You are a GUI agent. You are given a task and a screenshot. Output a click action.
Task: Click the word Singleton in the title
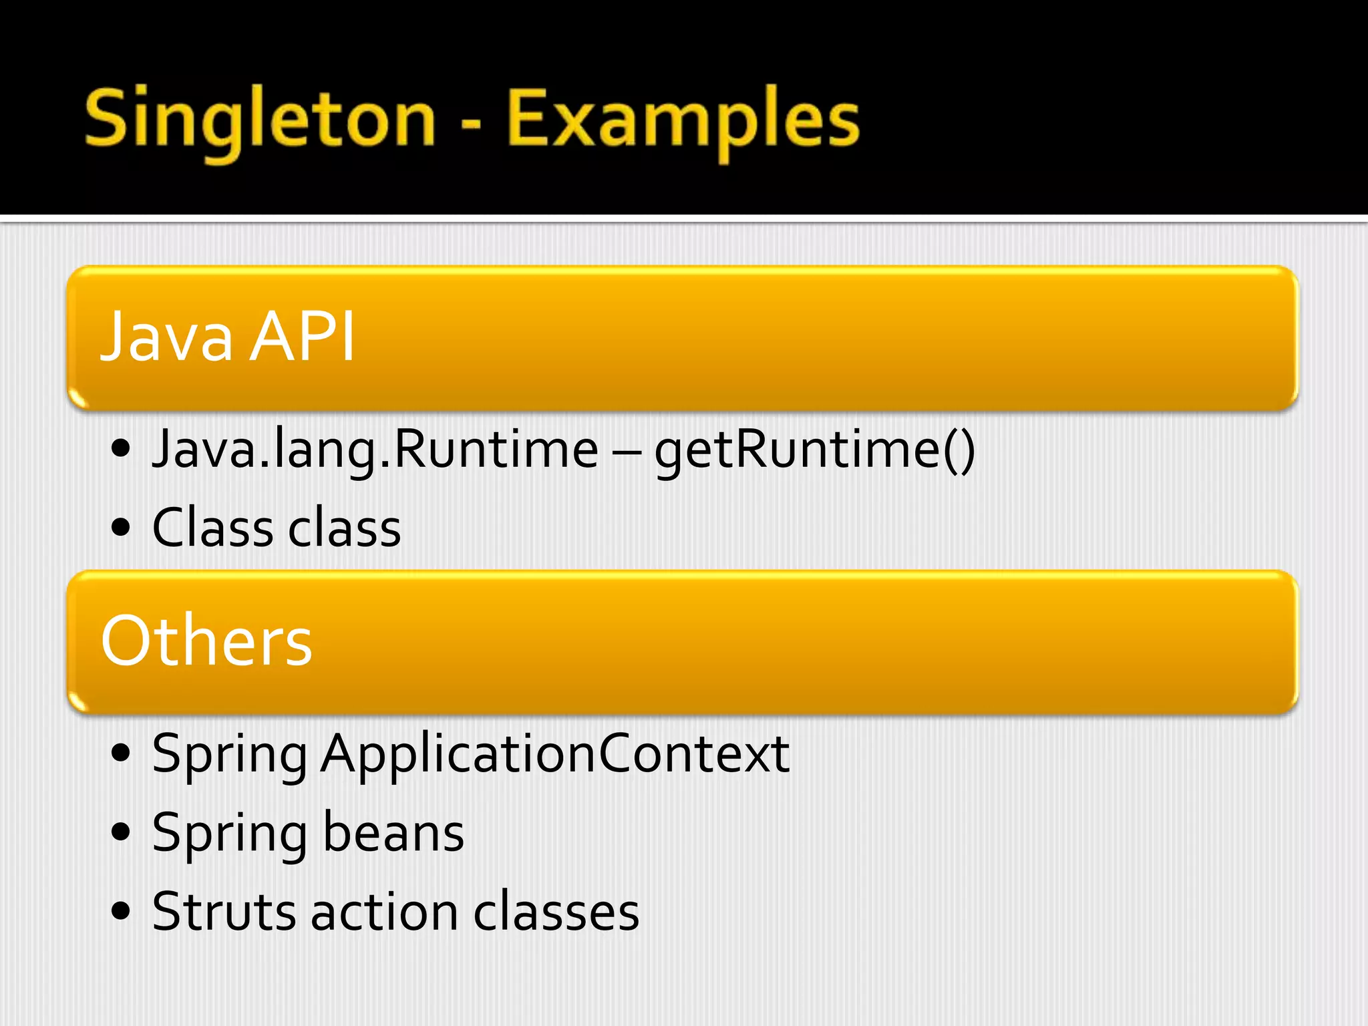260,120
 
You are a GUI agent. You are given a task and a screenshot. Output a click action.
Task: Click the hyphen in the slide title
471,124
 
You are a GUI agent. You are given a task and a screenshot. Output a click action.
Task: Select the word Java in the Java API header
166,337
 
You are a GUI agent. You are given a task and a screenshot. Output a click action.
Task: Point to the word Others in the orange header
206,641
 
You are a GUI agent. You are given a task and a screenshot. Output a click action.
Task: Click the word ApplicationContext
554,754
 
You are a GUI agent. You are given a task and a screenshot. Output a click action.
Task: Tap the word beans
393,834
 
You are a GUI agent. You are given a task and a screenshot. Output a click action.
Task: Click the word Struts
224,912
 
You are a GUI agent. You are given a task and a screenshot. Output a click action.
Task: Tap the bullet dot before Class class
121,528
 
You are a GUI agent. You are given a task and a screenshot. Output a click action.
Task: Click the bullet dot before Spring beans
121,833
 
